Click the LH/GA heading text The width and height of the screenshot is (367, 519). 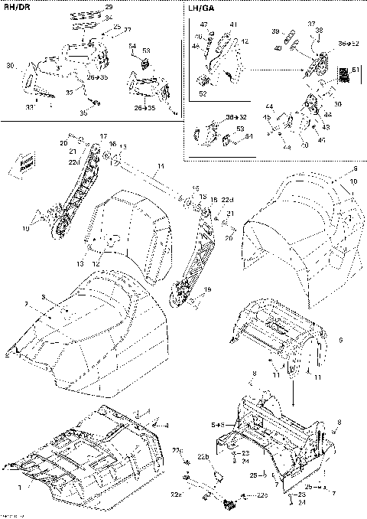point(200,10)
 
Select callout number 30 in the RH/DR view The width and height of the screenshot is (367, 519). point(11,67)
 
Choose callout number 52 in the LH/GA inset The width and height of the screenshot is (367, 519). point(202,93)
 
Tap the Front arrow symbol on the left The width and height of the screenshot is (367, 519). point(27,162)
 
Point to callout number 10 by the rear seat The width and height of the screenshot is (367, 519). point(354,182)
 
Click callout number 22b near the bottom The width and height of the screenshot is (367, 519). point(203,457)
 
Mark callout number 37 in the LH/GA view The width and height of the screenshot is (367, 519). point(311,24)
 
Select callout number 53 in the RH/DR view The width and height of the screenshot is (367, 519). point(145,51)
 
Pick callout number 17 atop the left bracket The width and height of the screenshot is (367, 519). point(102,136)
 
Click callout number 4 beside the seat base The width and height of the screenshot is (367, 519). point(167,424)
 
